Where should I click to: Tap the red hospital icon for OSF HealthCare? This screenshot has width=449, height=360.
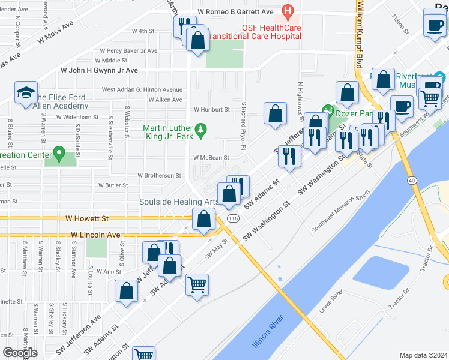(x=288, y=11)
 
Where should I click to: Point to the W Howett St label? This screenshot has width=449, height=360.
(x=89, y=220)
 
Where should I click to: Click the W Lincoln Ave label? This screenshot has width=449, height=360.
(x=96, y=235)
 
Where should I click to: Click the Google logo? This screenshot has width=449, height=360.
(x=20, y=352)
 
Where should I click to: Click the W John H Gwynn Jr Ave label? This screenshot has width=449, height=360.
(x=99, y=70)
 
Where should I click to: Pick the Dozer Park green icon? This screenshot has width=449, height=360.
(x=328, y=110)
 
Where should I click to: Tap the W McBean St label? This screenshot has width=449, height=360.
(x=211, y=158)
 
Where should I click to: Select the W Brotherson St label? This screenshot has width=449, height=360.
(x=160, y=176)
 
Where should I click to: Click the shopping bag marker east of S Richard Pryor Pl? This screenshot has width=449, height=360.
(x=275, y=113)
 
